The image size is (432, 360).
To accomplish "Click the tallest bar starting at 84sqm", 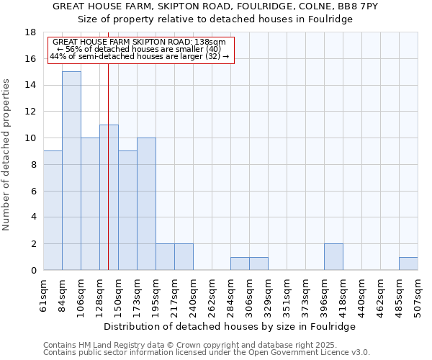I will click(x=71, y=171).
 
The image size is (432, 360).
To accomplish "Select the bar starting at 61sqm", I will click(x=53, y=210).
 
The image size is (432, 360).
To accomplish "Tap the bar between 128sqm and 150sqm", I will click(x=109, y=197).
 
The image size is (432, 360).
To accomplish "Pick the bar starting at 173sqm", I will click(x=146, y=204).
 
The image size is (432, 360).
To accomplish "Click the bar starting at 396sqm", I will click(x=333, y=257).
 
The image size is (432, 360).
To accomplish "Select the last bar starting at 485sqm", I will click(x=408, y=264).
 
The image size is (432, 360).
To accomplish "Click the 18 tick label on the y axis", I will click(x=30, y=32).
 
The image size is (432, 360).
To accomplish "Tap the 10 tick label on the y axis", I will click(x=30, y=138).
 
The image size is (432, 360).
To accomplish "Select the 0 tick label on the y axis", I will click(x=33, y=271).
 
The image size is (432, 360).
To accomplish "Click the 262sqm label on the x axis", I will click(x=212, y=293).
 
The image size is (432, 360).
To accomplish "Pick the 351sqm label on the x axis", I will click(x=287, y=293).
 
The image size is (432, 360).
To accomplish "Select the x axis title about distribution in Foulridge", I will click(x=230, y=326).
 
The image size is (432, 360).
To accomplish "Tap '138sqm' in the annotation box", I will click(x=209, y=42).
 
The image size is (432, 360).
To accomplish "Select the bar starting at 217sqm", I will click(x=184, y=257).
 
